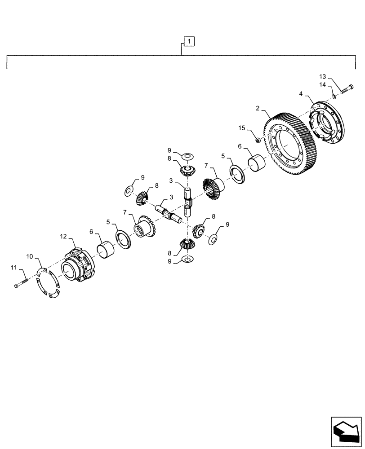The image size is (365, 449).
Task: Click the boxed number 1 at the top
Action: click(x=190, y=42)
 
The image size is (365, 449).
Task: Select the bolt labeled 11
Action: click(x=22, y=283)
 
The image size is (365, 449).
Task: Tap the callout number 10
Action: click(x=30, y=256)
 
